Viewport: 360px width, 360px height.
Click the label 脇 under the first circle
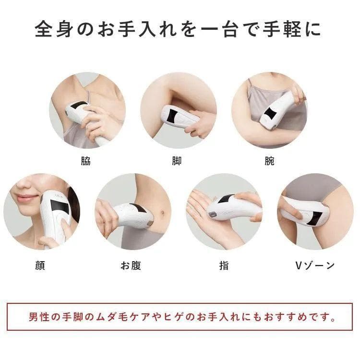coord(86,161)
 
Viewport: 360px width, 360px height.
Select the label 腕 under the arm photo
coord(269,161)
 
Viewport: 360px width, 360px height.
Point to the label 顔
coord(40,265)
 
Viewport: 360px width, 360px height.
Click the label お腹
coord(130,265)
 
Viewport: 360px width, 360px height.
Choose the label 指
coord(224,265)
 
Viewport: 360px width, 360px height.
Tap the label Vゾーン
coord(314,265)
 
